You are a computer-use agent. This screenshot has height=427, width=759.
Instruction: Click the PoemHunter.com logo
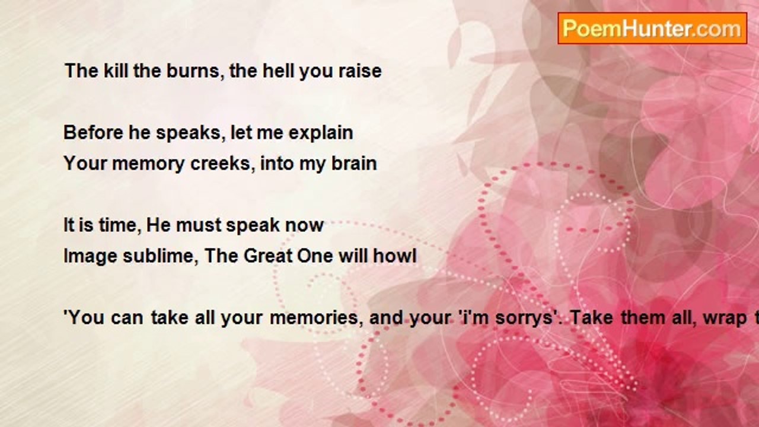pyautogui.click(x=652, y=28)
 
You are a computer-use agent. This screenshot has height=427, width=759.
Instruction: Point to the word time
pyautogui.click(x=120, y=225)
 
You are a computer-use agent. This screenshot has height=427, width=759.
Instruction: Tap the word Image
pyautogui.click(x=91, y=256)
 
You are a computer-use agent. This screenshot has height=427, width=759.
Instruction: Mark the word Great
pyautogui.click(x=267, y=256)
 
